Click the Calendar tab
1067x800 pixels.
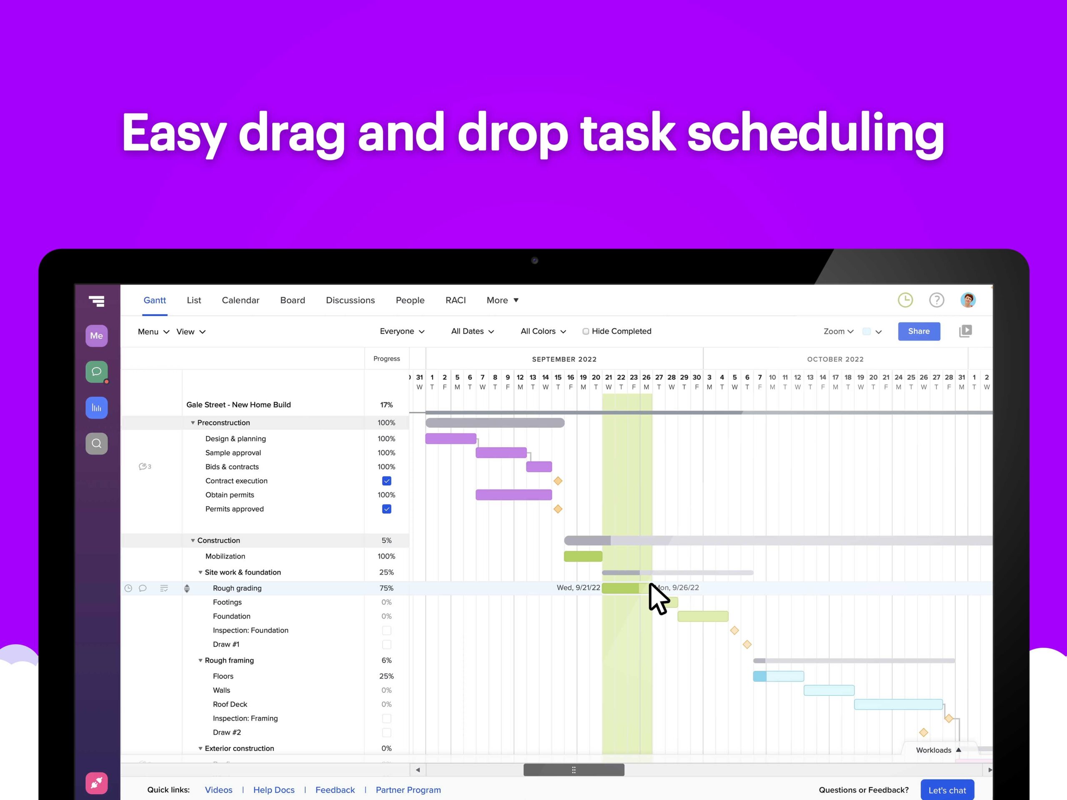click(x=240, y=300)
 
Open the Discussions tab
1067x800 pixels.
click(x=350, y=300)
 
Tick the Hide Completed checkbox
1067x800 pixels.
click(x=586, y=331)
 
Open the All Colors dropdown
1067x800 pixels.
click(x=543, y=331)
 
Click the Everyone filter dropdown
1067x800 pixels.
click(x=401, y=331)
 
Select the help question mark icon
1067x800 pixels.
click(x=936, y=300)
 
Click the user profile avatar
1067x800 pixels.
click(x=968, y=300)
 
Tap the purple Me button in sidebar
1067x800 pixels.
click(x=96, y=335)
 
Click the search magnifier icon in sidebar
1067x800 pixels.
click(x=96, y=444)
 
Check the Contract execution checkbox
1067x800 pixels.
click(x=386, y=481)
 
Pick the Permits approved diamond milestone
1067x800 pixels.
click(x=558, y=509)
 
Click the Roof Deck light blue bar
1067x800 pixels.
click(x=898, y=705)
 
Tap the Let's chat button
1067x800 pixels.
click(x=947, y=790)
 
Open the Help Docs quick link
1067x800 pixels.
click(x=273, y=790)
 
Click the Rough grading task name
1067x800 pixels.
click(x=237, y=588)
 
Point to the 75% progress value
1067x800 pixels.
click(x=386, y=588)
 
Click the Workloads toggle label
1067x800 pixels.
click(x=933, y=750)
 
